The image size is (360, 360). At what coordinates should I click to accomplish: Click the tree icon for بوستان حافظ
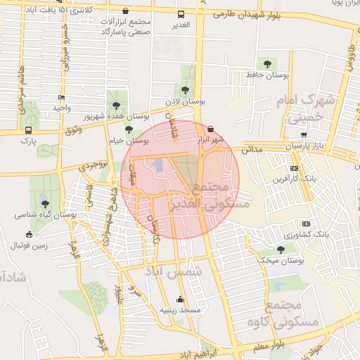pos(265,63)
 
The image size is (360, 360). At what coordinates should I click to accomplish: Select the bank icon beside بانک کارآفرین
pos(294,168)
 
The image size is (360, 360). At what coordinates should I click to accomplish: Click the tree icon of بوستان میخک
pos(281,250)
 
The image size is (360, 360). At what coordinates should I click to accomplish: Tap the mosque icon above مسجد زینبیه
pos(181,298)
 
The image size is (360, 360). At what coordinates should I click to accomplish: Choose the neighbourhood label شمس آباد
pos(173,271)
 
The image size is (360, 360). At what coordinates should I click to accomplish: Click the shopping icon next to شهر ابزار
pos(212,129)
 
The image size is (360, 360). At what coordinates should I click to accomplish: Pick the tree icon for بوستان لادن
pos(185,90)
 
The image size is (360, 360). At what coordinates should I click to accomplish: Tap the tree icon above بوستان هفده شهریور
pos(116,105)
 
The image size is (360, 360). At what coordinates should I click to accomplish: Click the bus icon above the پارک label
pos(28,131)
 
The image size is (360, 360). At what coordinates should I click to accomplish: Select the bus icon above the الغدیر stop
pos(181,14)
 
